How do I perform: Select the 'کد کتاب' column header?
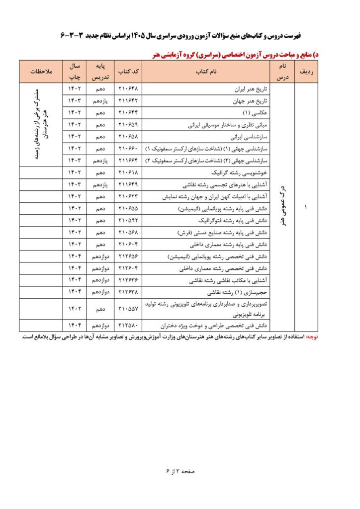(x=129, y=72)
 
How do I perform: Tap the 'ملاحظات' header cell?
(x=40, y=72)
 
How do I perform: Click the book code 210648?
(x=129, y=90)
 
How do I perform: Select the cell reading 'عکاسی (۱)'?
(x=257, y=113)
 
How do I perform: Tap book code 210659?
(x=129, y=125)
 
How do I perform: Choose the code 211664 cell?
(x=129, y=161)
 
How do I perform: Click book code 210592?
(x=129, y=220)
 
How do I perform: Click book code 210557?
(x=129, y=308)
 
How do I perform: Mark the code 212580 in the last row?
(x=129, y=326)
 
